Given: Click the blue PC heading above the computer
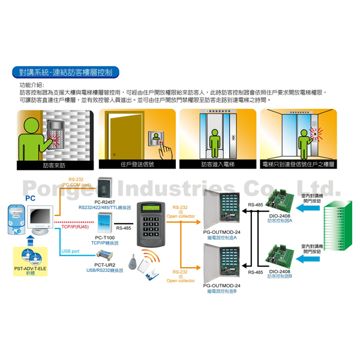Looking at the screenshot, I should coord(30,196).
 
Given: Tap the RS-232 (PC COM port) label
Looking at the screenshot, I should coord(76,182).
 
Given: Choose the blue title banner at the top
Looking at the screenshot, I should coord(66,73).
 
